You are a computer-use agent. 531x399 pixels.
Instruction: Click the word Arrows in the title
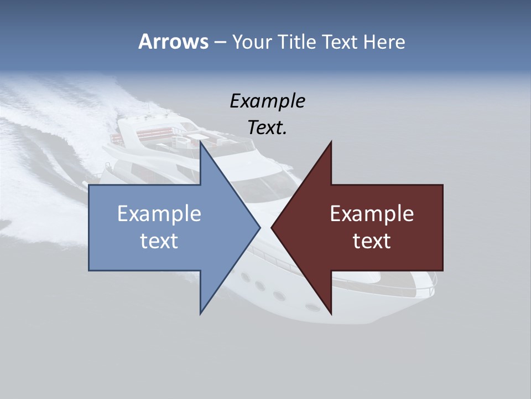point(173,42)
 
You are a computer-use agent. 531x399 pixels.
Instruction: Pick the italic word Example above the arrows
point(267,101)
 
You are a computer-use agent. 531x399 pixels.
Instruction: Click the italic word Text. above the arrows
point(267,128)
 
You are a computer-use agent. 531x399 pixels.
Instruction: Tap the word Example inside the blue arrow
point(159,213)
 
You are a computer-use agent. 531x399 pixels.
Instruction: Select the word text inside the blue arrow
point(159,241)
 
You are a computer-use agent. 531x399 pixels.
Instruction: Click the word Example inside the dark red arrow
point(372,213)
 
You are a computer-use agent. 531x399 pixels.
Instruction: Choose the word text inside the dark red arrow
point(372,241)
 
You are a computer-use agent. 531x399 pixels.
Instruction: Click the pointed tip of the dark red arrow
point(272,227)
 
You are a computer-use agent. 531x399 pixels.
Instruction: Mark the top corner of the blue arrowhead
point(201,142)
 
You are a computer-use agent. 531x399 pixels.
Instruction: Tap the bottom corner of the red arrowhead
point(331,314)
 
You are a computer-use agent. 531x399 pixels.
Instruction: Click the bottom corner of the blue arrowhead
point(201,313)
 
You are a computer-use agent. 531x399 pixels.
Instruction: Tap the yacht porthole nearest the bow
point(313,306)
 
